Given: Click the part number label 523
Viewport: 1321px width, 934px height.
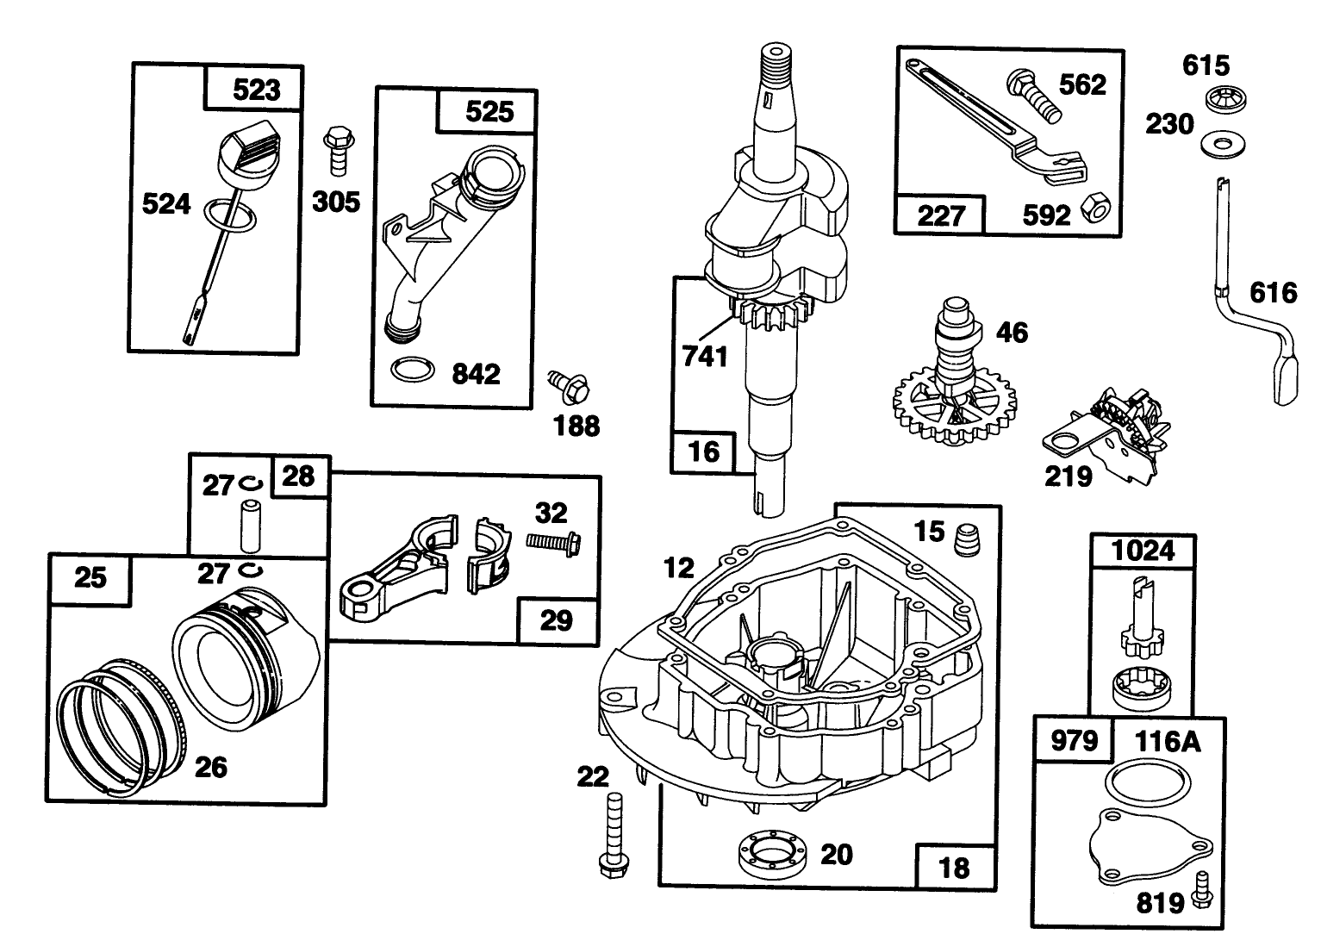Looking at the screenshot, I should pos(257,90).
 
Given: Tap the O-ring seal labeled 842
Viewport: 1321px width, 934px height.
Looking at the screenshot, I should pos(410,370).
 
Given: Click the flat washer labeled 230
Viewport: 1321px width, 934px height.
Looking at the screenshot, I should pos(1216,141).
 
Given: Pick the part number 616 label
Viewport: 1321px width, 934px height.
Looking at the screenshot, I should pos(1272,293).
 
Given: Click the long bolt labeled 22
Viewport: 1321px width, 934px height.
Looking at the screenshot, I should pos(614,831).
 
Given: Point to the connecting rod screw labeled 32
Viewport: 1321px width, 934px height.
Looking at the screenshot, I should pos(552,542).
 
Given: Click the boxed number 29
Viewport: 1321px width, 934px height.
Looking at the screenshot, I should pos(557,620).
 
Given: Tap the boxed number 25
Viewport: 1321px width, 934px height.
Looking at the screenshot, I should pos(90,576).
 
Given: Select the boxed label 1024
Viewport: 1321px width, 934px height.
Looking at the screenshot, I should pos(1143,550).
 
